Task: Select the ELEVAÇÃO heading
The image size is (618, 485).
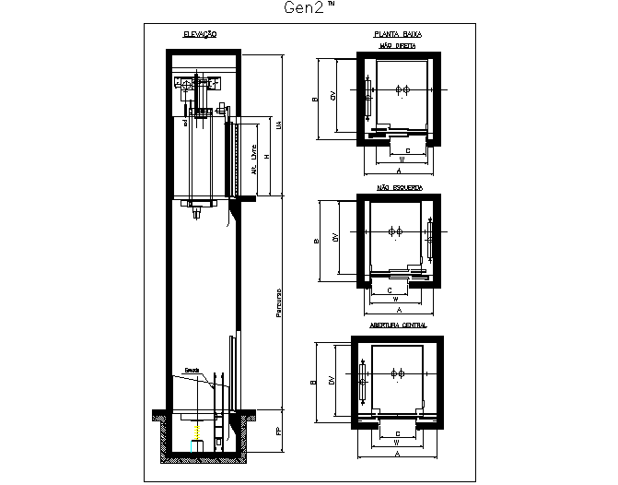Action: (200, 34)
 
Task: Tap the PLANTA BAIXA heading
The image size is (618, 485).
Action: (398, 34)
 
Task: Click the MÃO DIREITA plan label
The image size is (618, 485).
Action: (398, 45)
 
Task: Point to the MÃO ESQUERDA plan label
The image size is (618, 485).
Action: (399, 187)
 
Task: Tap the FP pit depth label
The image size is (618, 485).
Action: (279, 431)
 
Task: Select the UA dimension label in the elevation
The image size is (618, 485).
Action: (279, 124)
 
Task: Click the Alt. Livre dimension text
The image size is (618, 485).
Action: (253, 158)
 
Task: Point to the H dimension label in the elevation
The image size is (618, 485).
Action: (266, 157)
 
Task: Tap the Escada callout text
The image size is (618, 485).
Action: (192, 371)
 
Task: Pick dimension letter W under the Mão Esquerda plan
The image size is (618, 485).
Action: (394, 300)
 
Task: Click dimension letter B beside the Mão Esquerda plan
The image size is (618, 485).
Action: (315, 241)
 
